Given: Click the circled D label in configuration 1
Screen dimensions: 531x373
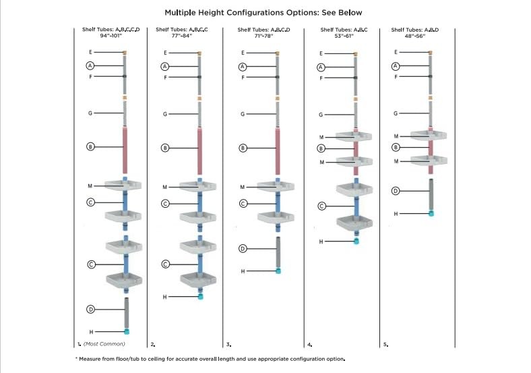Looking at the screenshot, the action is (x=90, y=309).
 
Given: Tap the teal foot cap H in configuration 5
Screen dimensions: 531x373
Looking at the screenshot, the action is (x=431, y=213).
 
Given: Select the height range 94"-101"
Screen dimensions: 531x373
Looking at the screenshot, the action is (x=111, y=36).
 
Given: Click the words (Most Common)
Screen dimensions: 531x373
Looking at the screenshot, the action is (x=104, y=344).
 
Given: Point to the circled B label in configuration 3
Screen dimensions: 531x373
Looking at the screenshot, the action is (x=243, y=148).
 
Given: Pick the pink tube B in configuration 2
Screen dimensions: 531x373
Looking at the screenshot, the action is (x=200, y=151).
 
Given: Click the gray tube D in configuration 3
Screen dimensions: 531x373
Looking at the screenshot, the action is (x=278, y=252).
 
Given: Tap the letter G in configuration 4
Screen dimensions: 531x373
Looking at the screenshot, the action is (x=321, y=115).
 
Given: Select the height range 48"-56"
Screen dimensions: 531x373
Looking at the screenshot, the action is (x=415, y=36).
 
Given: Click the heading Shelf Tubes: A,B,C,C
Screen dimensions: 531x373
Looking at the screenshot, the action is (x=182, y=30).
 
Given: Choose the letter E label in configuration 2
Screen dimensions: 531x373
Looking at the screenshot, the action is (x=165, y=53).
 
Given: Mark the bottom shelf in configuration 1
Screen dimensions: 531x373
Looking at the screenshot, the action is (x=124, y=280).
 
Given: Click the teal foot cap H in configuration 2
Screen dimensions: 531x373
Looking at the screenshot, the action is (x=201, y=297).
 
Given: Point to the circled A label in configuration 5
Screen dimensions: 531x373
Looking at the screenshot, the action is (x=396, y=66).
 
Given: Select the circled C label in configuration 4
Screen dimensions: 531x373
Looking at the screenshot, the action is (x=321, y=206).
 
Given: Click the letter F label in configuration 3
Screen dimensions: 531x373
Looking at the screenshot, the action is (x=243, y=78).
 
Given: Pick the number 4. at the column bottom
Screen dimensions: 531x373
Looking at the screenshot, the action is (x=309, y=345).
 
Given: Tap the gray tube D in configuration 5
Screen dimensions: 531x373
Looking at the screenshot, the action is (x=431, y=195).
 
